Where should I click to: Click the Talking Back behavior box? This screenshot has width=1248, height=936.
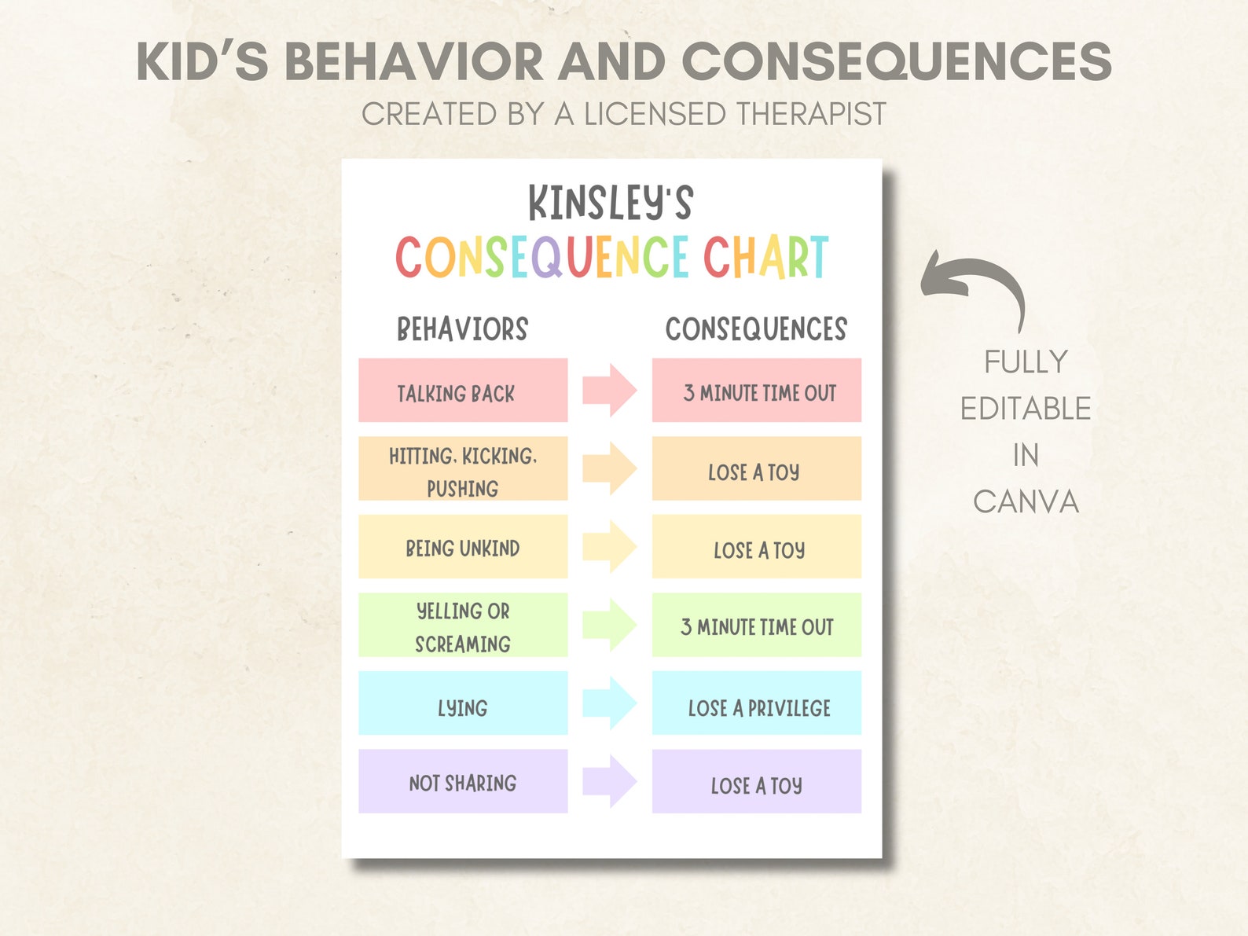pyautogui.click(x=463, y=391)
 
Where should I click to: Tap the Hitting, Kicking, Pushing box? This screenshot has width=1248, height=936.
pyautogui.click(x=463, y=469)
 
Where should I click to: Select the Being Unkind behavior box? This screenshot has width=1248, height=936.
pyautogui.click(x=463, y=547)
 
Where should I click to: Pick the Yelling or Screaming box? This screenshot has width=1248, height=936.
pyautogui.click(x=463, y=626)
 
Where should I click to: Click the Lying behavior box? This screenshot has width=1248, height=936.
pyautogui.click(x=463, y=703)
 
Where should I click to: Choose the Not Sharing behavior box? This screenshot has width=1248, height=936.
pyautogui.click(x=463, y=781)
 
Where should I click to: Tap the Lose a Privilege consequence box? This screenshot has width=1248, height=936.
pyautogui.click(x=757, y=703)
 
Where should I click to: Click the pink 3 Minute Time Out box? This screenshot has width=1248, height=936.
pyautogui.click(x=757, y=391)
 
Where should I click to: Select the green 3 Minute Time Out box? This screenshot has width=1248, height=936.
pyautogui.click(x=757, y=626)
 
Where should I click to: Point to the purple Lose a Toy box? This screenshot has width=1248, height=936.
pyautogui.click(x=757, y=781)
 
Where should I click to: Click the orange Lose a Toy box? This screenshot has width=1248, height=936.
pyautogui.click(x=757, y=469)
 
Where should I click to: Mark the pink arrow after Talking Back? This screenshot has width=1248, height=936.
pyautogui.click(x=609, y=391)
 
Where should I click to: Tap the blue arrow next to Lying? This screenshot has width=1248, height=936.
pyautogui.click(x=609, y=703)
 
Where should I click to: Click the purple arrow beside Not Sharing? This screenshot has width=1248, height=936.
pyautogui.click(x=609, y=781)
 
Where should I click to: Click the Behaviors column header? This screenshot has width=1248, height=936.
pyautogui.click(x=463, y=329)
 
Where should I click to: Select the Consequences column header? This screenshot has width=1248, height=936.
pyautogui.click(x=756, y=329)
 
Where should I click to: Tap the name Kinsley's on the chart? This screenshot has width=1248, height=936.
pyautogui.click(x=611, y=203)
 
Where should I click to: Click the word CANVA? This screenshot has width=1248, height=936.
pyautogui.click(x=1026, y=501)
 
